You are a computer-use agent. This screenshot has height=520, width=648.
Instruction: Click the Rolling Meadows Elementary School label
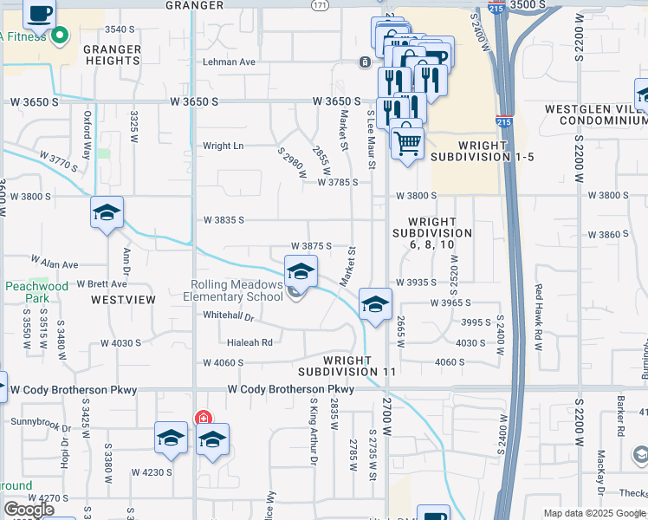point(237,290)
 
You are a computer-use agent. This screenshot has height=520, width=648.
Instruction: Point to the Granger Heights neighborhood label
point(112,55)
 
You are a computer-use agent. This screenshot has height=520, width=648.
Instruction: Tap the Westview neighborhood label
point(123,300)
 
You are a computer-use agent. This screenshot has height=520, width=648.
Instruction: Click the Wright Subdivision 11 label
point(360,365)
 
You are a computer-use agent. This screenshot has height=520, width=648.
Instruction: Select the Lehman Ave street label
point(229,62)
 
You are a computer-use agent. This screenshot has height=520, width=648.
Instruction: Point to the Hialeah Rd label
point(250,342)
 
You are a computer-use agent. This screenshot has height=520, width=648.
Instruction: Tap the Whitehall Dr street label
point(227,317)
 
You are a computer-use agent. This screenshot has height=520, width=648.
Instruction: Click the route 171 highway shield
point(321,5)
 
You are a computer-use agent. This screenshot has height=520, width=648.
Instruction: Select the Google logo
point(29,510)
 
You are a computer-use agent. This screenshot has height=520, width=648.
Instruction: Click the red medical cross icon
point(204,417)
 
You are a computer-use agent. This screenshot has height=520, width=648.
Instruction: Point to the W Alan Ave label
point(55,261)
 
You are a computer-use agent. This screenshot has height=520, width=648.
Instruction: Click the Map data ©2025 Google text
point(593,513)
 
